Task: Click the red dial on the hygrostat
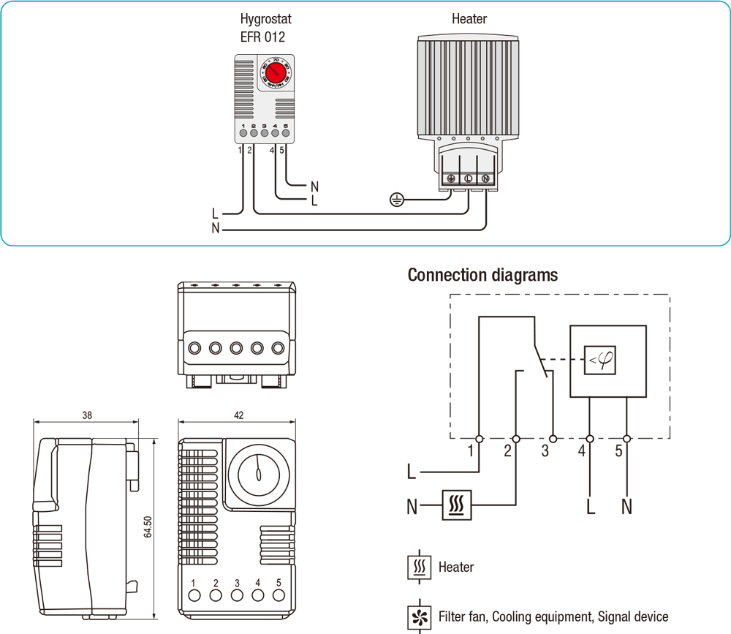(276, 73)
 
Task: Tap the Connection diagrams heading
(482, 275)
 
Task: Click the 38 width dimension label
(87, 415)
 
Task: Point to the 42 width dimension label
(238, 415)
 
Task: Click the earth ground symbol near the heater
(396, 199)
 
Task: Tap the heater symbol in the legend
(419, 567)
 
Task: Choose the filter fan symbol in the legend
(419, 616)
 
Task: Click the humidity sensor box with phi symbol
(599, 361)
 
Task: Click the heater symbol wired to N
(457, 505)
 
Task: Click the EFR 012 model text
(262, 37)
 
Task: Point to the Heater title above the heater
(469, 19)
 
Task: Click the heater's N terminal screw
(485, 178)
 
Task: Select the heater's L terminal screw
(468, 178)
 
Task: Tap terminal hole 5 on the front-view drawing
(279, 595)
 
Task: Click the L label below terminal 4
(590, 505)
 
